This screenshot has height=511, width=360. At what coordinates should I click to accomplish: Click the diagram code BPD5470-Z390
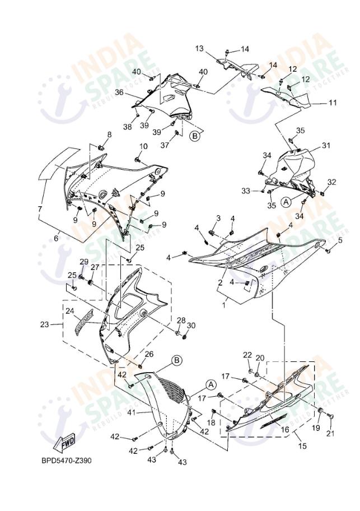click(66, 461)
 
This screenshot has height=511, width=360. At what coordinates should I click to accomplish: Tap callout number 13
click(199, 49)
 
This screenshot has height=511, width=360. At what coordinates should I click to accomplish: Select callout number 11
click(333, 103)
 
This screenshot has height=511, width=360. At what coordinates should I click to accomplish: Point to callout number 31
click(326, 146)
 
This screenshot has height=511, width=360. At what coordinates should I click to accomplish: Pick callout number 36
click(119, 92)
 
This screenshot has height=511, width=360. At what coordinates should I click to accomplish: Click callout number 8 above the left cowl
click(109, 134)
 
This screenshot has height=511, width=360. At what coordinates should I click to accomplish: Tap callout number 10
click(143, 146)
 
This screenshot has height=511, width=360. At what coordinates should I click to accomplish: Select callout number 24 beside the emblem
click(69, 310)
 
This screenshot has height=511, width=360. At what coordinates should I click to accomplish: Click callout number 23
click(44, 324)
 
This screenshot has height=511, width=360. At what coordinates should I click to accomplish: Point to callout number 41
click(131, 412)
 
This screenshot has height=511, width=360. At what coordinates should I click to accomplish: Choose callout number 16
click(284, 429)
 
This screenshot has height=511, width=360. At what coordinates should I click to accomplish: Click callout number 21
click(329, 433)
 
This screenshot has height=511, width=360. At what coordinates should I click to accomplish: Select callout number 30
click(191, 326)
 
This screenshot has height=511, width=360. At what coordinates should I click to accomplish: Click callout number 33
click(245, 191)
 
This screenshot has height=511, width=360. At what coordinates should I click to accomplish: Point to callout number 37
click(164, 146)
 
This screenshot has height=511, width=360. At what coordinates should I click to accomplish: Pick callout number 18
click(212, 421)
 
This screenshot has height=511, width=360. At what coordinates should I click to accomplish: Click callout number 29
click(84, 262)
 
